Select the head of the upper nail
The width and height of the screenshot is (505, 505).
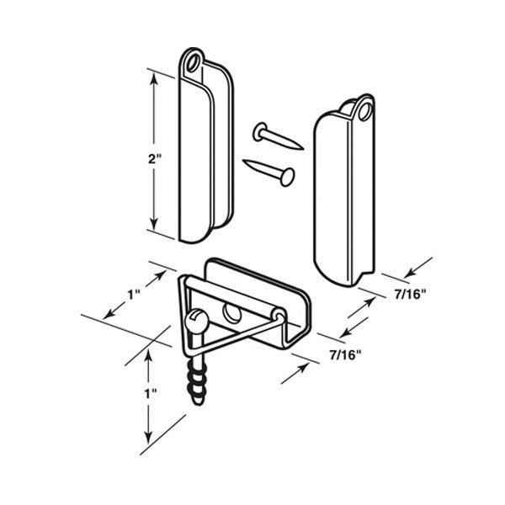coord(258,130)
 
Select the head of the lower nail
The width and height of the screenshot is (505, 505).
coord(288,177)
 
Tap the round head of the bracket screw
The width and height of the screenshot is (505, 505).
coord(196,319)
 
